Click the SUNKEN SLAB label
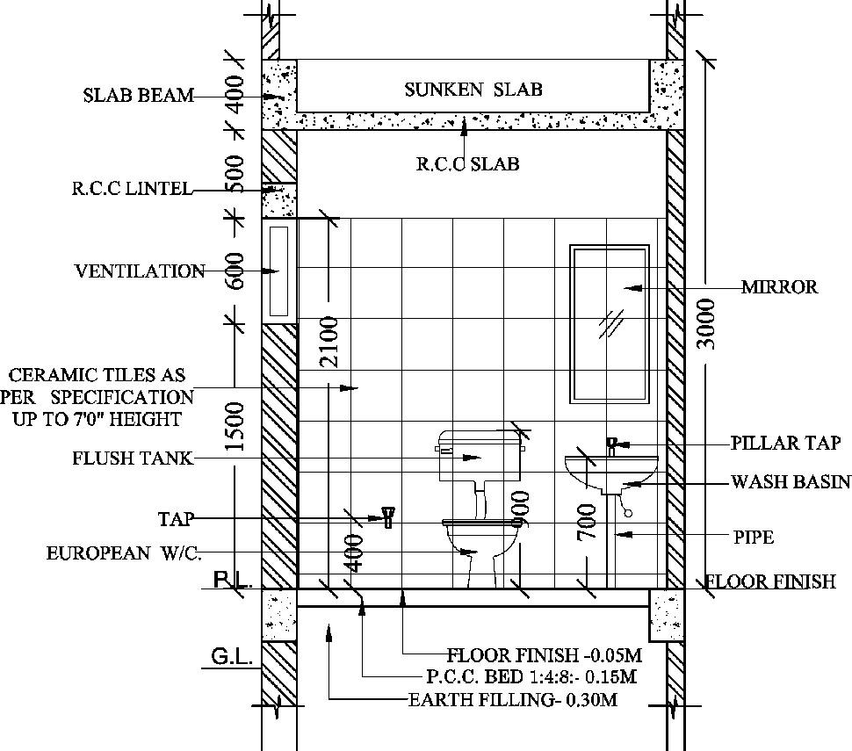pyautogui.click(x=473, y=90)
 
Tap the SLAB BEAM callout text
pyautogui.click(x=138, y=96)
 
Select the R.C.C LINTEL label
pyautogui.click(x=132, y=189)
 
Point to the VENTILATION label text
pyautogui.click(x=140, y=271)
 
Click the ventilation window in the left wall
pyautogui.click(x=278, y=271)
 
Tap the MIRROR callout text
pyautogui.click(x=779, y=287)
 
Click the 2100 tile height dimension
pyautogui.click(x=328, y=342)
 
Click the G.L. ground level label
pyautogui.click(x=231, y=657)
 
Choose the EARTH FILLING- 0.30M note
pyautogui.click(x=513, y=700)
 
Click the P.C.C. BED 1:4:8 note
pyautogui.click(x=531, y=677)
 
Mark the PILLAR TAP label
pyautogui.click(x=785, y=444)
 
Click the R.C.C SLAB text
pyautogui.click(x=467, y=164)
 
